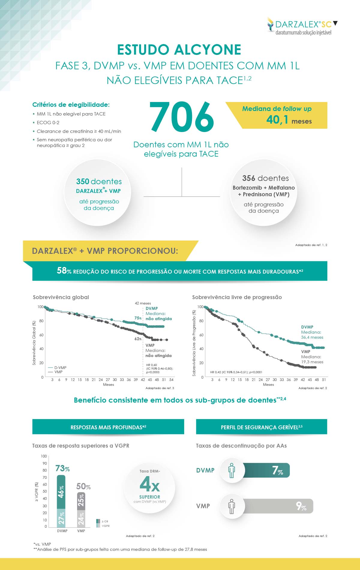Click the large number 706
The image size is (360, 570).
click(182, 117)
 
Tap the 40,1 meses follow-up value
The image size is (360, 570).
click(289, 120)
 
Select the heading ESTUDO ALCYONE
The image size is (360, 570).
click(179, 50)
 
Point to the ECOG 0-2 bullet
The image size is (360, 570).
click(48, 122)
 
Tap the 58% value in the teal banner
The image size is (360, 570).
click(64, 271)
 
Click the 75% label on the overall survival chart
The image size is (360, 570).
click(138, 318)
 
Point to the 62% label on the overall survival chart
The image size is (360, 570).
click(138, 339)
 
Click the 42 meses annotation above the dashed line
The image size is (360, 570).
click(143, 303)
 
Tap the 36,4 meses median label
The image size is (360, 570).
click(312, 337)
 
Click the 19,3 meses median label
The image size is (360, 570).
click(312, 362)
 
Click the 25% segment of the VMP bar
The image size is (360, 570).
click(81, 500)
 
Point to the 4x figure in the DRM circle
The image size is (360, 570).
click(149, 484)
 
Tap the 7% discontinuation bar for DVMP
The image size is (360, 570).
click(266, 470)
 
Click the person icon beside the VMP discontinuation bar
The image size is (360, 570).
click(231, 506)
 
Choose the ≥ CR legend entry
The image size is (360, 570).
click(105, 521)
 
